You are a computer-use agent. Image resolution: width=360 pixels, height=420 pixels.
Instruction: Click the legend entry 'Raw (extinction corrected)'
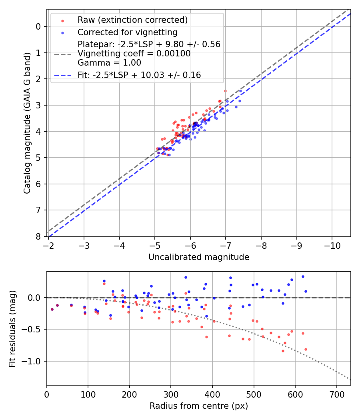tap(132, 20)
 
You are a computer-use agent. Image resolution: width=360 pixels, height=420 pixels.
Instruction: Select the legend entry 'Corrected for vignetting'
tap(127, 32)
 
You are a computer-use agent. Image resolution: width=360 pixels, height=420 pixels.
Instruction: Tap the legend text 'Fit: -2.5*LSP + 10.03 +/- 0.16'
tap(139, 75)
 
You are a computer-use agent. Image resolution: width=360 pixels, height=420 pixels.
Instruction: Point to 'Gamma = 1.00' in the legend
tap(109, 63)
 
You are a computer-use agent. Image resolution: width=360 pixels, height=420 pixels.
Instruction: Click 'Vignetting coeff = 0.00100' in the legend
tap(134, 54)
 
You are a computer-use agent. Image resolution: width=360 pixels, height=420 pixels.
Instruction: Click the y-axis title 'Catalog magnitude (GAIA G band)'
tap(27, 122)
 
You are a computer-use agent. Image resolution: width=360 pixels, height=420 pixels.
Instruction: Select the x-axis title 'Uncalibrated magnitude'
tap(199, 257)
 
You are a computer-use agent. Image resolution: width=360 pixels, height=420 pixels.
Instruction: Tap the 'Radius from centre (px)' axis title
tap(199, 406)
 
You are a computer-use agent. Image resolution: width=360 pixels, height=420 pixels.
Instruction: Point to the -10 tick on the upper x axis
tap(332, 244)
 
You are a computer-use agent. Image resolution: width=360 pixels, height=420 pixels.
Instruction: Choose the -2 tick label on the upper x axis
tap(48, 244)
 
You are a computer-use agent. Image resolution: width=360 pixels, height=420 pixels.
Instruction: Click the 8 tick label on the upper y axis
tap(38, 236)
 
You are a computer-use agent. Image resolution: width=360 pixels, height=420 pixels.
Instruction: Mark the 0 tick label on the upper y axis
tap(38, 26)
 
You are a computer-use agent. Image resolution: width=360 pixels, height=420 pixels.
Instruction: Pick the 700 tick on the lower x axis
tap(336, 394)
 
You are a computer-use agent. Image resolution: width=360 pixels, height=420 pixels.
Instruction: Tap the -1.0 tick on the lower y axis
tap(34, 361)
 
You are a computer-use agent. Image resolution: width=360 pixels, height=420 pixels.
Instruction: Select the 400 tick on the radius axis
tap(212, 394)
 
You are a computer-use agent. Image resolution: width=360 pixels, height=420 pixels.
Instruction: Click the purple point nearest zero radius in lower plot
tap(52, 309)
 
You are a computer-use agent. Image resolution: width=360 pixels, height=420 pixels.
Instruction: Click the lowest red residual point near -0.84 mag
tap(283, 351)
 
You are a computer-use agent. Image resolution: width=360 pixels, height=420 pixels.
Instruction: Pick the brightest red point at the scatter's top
tap(225, 91)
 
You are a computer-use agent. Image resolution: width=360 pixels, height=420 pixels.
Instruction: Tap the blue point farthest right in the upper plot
tap(240, 91)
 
